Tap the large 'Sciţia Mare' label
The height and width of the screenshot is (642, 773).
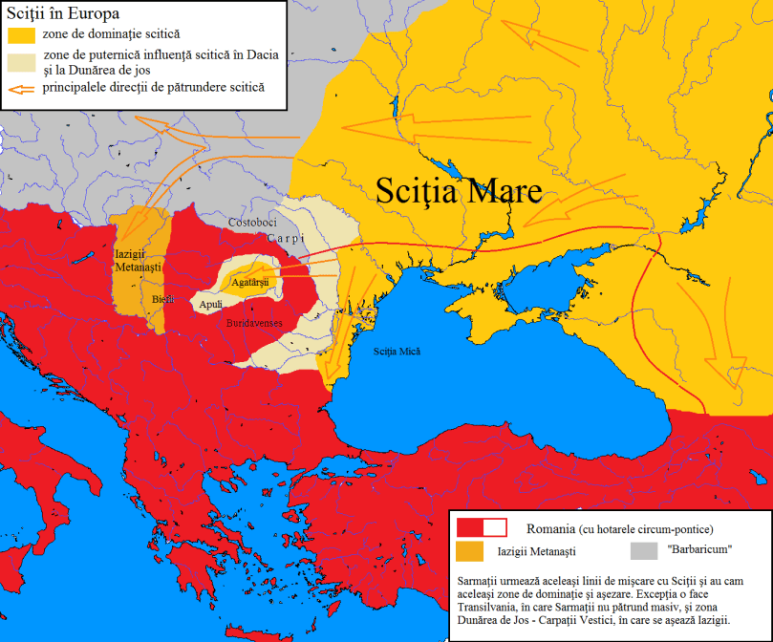tap(459, 190)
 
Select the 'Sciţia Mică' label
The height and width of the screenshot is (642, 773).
tap(397, 352)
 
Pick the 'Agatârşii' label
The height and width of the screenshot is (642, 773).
tap(251, 283)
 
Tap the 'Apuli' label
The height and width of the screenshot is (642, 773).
tap(211, 305)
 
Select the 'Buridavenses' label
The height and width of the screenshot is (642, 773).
tap(254, 324)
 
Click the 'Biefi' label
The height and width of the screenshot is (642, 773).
tap(163, 299)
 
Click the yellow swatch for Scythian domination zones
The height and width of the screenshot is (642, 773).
tap(19, 34)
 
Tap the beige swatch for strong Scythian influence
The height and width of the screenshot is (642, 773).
tap(19, 62)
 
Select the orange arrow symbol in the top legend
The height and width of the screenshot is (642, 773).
tap(19, 89)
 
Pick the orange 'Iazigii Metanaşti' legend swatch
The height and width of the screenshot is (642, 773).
tap(471, 551)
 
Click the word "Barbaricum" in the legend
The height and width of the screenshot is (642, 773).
tap(700, 550)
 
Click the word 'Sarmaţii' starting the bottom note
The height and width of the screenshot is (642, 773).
tap(481, 581)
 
